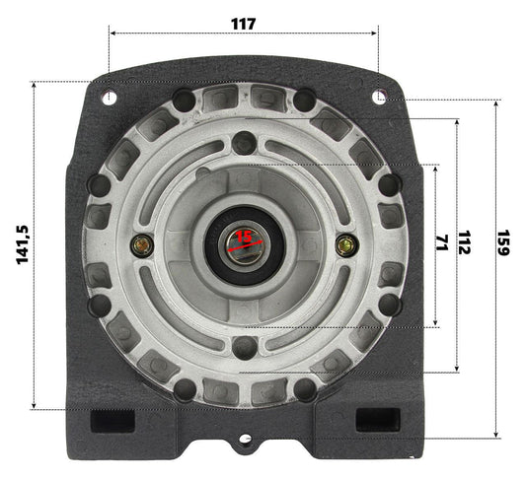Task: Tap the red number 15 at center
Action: click(243, 237)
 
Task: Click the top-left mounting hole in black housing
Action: click(109, 97)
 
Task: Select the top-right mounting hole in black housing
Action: click(379, 97)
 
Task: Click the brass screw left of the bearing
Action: click(143, 244)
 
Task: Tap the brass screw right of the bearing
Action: click(345, 244)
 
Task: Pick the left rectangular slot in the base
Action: click(112, 420)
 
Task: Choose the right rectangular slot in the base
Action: click(376, 420)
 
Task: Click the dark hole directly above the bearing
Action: click(244, 144)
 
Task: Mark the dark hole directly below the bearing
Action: click(244, 346)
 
